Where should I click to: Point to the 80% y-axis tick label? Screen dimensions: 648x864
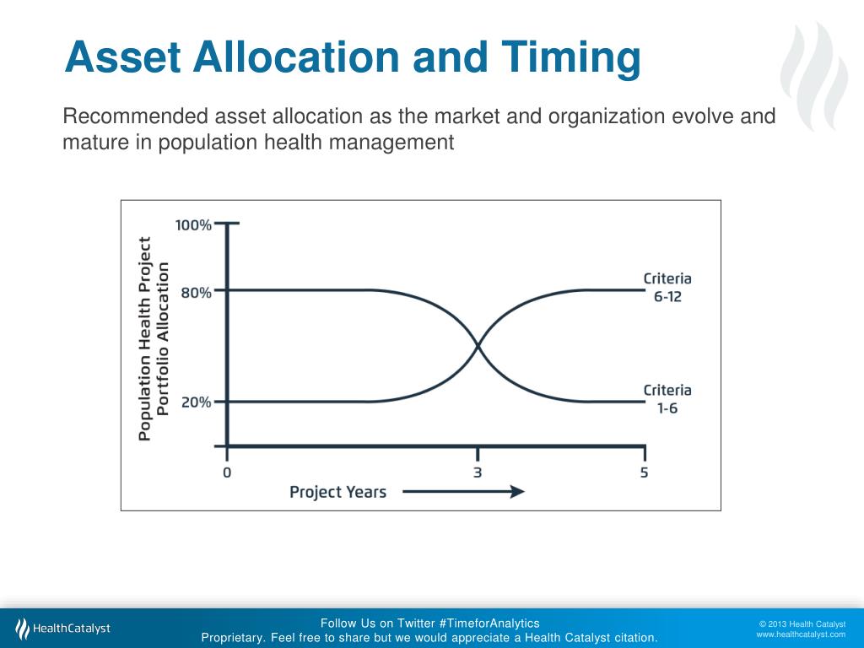tap(196, 293)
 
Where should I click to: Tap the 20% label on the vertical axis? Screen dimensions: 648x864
tap(196, 402)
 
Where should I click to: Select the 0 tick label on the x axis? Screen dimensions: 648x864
tap(226, 472)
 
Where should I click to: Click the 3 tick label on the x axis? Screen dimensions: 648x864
tap(478, 472)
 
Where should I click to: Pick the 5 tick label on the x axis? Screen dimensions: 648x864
tap(645, 472)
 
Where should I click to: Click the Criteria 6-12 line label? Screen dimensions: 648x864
tap(667, 288)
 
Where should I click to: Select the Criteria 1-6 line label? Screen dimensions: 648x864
tap(667, 398)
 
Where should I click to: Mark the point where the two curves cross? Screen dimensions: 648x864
tap(478, 346)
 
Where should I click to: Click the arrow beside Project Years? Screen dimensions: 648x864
tap(463, 492)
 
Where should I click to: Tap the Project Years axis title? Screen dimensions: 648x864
tap(337, 492)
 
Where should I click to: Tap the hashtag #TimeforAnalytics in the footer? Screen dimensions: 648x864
tap(489, 624)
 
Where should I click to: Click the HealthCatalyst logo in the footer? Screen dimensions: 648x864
tap(63, 629)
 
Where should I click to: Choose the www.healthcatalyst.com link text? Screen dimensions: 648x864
tap(800, 634)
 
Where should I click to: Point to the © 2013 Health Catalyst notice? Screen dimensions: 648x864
tap(802, 624)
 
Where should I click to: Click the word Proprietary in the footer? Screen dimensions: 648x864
tap(232, 638)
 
